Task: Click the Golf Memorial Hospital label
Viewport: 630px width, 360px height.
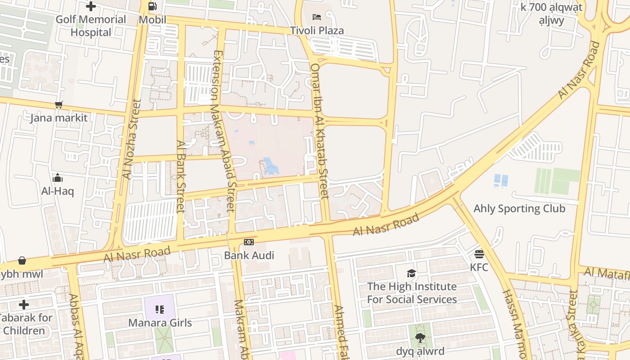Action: click(x=91, y=26)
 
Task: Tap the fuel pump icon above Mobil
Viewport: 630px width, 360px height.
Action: click(x=153, y=6)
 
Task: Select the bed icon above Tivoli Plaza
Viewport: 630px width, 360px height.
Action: click(x=317, y=17)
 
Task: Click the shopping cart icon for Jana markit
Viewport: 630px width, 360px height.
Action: click(x=58, y=105)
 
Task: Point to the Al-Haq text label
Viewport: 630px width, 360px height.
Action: click(x=58, y=191)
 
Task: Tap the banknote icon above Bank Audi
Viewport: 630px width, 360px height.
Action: click(x=249, y=242)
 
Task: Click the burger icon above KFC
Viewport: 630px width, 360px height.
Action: click(x=479, y=254)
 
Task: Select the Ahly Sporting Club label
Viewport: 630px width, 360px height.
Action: click(x=519, y=208)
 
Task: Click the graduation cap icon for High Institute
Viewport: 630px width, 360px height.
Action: click(x=411, y=273)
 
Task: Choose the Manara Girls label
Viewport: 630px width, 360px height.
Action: click(x=160, y=323)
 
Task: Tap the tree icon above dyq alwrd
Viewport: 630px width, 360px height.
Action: click(x=420, y=337)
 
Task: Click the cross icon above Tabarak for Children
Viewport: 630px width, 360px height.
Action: click(x=24, y=305)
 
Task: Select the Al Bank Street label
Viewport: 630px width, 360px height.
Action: click(x=181, y=176)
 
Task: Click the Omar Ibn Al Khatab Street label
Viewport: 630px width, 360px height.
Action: click(x=320, y=130)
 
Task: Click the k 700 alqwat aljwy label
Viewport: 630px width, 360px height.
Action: click(x=551, y=13)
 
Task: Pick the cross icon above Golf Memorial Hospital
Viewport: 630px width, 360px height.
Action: click(x=91, y=6)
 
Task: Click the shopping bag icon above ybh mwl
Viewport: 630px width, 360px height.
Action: click(x=22, y=261)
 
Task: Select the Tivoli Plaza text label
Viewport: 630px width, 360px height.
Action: click(x=317, y=31)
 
